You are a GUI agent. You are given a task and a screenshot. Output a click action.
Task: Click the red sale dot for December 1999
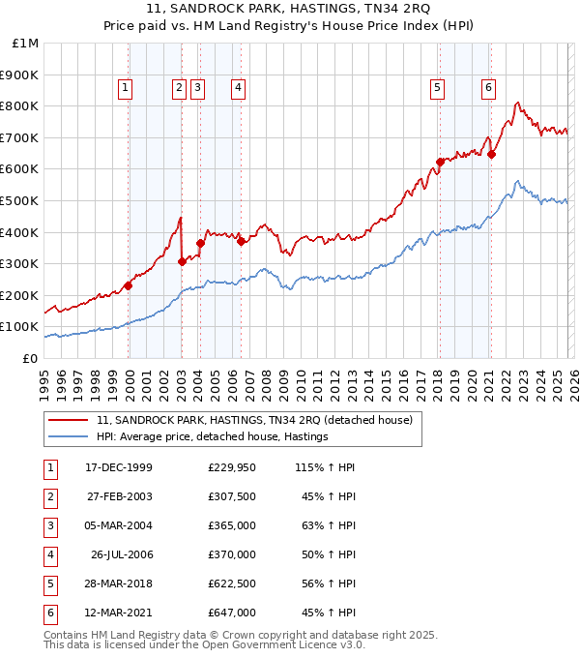(129, 285)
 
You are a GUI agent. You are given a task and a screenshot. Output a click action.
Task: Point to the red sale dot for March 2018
(440, 162)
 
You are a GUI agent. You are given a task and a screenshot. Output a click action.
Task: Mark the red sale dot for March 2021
(491, 154)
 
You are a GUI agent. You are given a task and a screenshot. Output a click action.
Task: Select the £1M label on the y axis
(26, 43)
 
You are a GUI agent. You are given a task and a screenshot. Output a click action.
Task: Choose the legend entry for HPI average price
(213, 436)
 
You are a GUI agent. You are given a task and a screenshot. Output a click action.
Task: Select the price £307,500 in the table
(232, 496)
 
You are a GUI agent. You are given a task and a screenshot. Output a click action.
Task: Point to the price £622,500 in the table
(232, 583)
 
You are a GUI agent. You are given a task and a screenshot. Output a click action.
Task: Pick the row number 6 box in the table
(48, 613)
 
